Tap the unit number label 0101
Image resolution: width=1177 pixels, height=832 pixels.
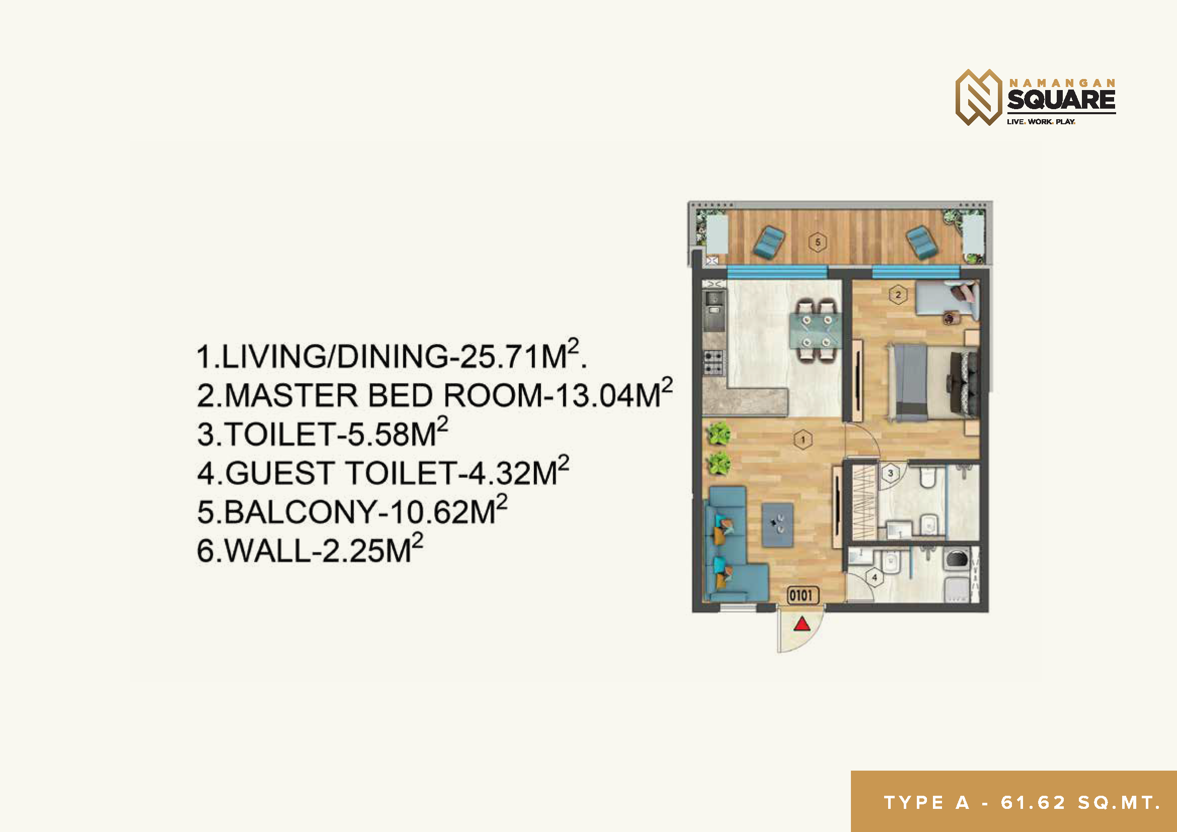pos(803,595)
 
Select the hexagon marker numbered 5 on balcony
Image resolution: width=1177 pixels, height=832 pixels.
pos(818,242)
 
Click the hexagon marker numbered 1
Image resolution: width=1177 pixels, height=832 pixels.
pos(803,439)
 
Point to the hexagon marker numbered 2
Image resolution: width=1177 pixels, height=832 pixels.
pos(898,295)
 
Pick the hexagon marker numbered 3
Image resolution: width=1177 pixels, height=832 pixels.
pos(891,473)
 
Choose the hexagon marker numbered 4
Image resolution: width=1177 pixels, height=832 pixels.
pos(875,577)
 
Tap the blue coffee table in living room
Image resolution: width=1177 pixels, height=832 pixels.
pos(777,525)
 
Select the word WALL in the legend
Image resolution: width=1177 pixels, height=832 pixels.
pos(267,551)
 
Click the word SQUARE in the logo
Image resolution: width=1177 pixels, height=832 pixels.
pos(1062,100)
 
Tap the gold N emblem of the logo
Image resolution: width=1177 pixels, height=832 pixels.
pos(979,98)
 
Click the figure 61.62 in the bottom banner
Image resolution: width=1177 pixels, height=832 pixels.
pos(1034,803)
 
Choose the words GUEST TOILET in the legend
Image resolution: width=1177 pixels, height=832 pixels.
pos(340,473)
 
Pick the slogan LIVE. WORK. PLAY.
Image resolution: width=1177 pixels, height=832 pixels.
pos(1041,122)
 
